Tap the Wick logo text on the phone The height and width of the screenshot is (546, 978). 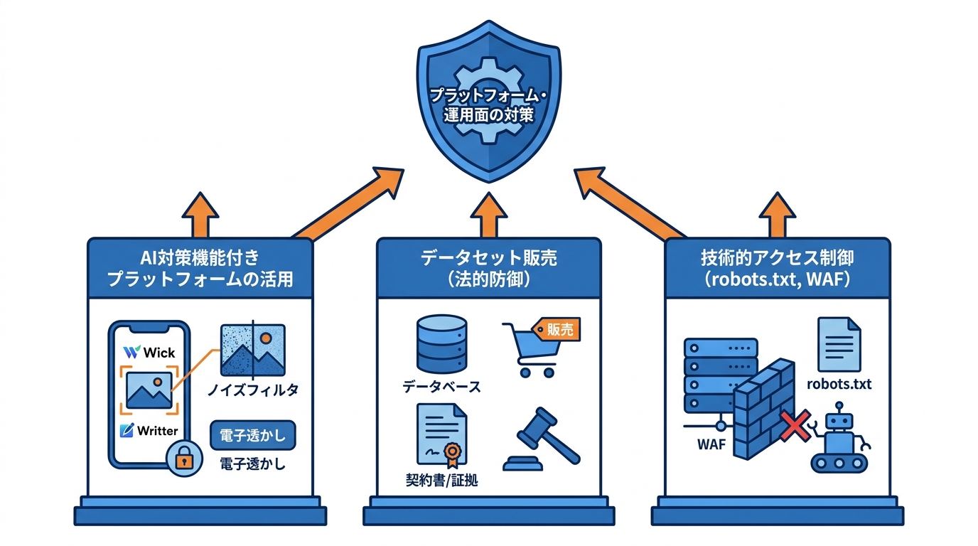(150, 352)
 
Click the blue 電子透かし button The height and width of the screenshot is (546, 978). (254, 434)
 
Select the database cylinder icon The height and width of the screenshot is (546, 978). (441, 345)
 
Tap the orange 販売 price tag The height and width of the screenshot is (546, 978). (557, 329)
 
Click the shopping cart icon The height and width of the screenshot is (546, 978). (530, 352)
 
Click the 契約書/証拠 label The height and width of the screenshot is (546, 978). (437, 481)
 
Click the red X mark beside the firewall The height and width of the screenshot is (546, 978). (793, 425)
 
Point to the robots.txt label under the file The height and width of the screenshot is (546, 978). (839, 385)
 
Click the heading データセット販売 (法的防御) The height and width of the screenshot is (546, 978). (488, 268)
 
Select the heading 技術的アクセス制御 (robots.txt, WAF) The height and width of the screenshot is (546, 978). (777, 268)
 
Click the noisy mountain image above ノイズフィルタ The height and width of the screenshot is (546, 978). (252, 350)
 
